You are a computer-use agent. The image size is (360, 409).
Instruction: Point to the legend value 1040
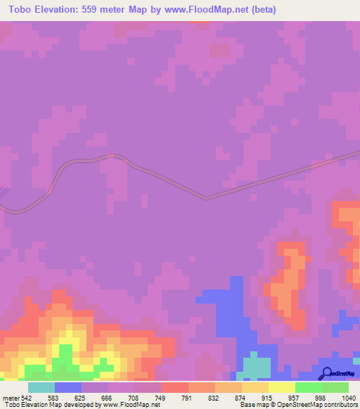(x=348, y=398)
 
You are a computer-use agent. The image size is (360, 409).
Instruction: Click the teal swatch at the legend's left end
(x=41, y=387)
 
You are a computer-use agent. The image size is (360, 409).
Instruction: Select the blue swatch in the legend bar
(x=68, y=387)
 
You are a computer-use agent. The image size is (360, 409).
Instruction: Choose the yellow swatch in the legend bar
(x=281, y=387)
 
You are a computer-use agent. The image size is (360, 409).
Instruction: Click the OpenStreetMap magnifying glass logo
(x=327, y=373)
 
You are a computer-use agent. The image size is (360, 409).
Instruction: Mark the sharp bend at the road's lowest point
(x=206, y=198)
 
